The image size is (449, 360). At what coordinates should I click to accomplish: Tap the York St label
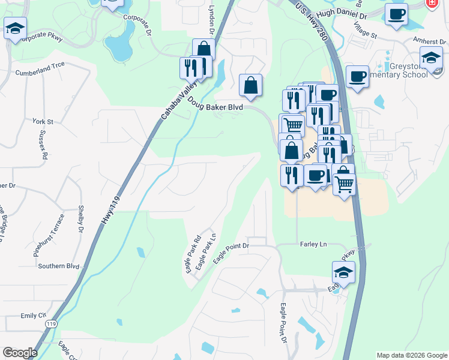click(x=44, y=122)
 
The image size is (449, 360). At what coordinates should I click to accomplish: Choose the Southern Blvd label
click(x=58, y=266)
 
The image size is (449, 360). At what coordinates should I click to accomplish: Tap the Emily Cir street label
click(x=33, y=315)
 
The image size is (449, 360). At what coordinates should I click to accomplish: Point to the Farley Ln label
click(x=313, y=244)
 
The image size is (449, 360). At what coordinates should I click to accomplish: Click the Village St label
click(x=365, y=32)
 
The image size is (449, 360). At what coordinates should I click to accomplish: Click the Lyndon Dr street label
click(x=211, y=20)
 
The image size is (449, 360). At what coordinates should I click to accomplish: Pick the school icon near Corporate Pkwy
click(x=15, y=28)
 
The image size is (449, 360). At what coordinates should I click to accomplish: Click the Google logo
click(x=20, y=353)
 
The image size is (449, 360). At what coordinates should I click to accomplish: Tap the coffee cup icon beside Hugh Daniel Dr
click(x=396, y=14)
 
